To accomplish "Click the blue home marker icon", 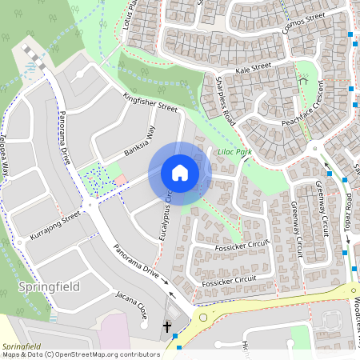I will (180, 173).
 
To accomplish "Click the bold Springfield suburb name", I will (47, 286).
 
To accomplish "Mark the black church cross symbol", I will (167, 326).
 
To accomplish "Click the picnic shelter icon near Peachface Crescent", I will (303, 81).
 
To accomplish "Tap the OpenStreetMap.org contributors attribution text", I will (108, 354).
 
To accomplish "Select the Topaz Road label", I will (350, 212).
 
